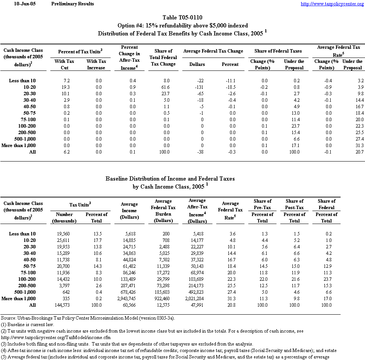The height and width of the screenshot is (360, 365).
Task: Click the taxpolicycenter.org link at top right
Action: point(332,4)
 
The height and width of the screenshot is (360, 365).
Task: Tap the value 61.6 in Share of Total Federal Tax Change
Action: point(165,87)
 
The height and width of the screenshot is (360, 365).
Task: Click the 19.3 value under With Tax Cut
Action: point(64,87)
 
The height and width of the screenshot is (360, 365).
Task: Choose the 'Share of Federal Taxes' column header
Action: point(278,51)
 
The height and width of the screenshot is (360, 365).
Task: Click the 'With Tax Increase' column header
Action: point(96,64)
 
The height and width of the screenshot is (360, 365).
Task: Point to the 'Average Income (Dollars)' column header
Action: point(129,211)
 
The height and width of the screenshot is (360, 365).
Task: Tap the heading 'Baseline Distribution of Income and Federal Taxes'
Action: point(170,178)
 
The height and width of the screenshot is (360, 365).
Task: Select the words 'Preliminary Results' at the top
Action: point(72,4)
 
